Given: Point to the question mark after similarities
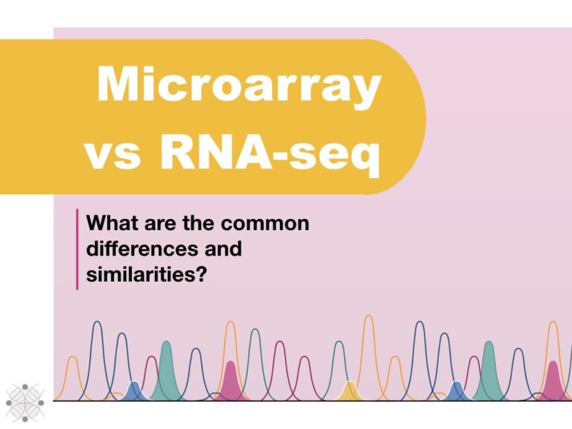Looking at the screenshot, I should pyautogui.click(x=200, y=273).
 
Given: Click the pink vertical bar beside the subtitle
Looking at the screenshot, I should pyautogui.click(x=77, y=249).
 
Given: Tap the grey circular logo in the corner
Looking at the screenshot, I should pyautogui.click(x=25, y=402).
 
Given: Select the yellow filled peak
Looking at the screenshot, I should pyautogui.click(x=349, y=392).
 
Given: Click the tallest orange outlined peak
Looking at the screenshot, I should pyautogui.click(x=368, y=350).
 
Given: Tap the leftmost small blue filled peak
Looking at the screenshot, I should pyautogui.click(x=134, y=391).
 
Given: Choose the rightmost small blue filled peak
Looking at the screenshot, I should pyautogui.click(x=457, y=391).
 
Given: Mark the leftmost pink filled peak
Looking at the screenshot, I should pyautogui.click(x=231, y=381).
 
